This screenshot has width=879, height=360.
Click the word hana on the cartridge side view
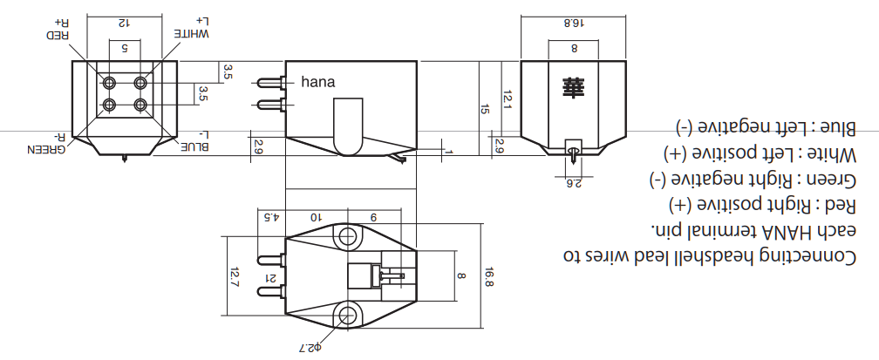point(318,83)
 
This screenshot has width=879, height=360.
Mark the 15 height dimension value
point(486,109)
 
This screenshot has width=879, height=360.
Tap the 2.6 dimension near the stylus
point(574,182)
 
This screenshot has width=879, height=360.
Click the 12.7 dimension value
point(234,278)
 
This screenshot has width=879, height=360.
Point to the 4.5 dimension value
point(270,216)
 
